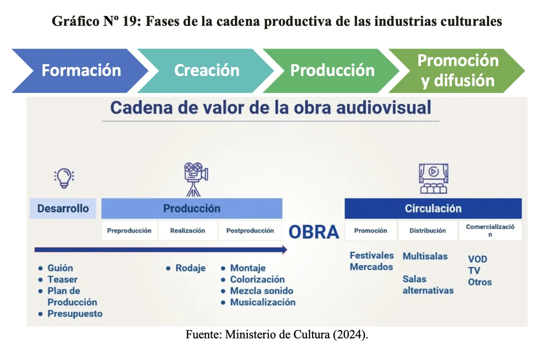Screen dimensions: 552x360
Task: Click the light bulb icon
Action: click(64, 178)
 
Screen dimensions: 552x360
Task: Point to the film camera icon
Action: click(196, 179)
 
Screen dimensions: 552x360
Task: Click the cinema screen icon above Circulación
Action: click(433, 178)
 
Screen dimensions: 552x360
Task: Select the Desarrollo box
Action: click(63, 209)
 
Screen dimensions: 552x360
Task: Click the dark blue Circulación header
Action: click(433, 209)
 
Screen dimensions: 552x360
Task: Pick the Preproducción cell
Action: click(129, 231)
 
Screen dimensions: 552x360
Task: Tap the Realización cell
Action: click(188, 231)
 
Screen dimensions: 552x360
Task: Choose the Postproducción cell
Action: click(250, 231)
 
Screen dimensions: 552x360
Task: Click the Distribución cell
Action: click(428, 231)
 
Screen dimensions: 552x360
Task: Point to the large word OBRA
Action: click(314, 232)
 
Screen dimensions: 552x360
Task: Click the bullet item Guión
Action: click(60, 268)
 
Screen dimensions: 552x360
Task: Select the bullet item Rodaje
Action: click(190, 268)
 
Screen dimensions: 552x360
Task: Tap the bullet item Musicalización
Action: click(263, 302)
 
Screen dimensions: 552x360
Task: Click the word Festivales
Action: click(371, 256)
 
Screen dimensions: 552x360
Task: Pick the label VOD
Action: click(477, 259)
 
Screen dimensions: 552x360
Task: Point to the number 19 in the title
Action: click(130, 21)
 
